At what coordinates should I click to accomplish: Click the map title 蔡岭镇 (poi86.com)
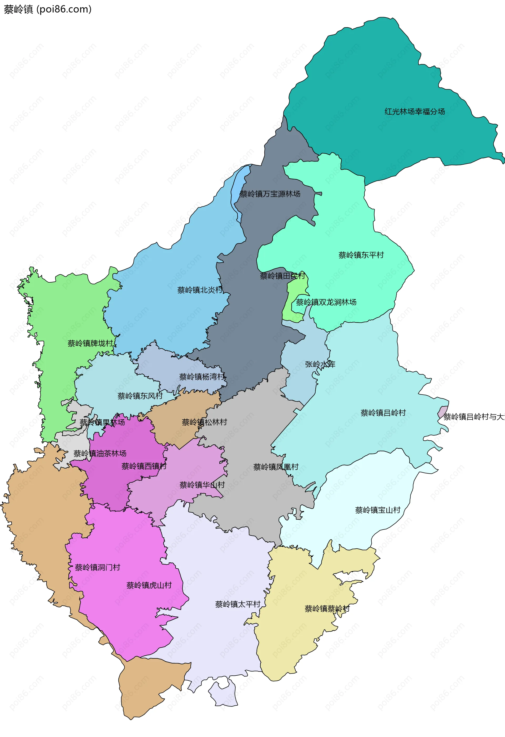click(x=48, y=9)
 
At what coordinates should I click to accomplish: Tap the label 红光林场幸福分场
click(x=415, y=112)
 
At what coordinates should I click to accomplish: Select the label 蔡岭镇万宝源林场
click(x=270, y=194)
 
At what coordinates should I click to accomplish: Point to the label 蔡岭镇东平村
click(x=361, y=255)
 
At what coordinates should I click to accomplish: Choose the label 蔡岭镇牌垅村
click(x=90, y=343)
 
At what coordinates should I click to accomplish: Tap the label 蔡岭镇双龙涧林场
click(x=326, y=302)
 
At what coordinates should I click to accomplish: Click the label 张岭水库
click(x=320, y=364)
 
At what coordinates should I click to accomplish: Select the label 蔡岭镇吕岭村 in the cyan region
click(x=383, y=412)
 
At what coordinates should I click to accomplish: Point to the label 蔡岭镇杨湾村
click(x=202, y=377)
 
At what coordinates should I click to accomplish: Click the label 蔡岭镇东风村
click(x=140, y=396)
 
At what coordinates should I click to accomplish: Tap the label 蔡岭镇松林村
click(x=204, y=422)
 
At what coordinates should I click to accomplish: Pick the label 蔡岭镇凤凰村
click(x=276, y=467)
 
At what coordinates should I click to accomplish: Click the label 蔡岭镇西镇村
click(x=144, y=466)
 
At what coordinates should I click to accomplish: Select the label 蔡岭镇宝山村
click(x=378, y=510)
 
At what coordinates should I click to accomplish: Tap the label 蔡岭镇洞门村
click(x=98, y=567)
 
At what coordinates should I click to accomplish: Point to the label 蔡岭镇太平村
click(x=238, y=604)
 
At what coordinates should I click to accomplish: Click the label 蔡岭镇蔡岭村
click(x=327, y=608)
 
